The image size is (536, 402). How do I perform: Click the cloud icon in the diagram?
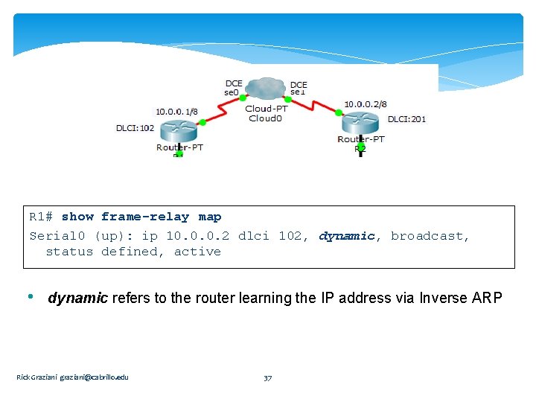(x=266, y=89)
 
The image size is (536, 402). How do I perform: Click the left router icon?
(x=179, y=130)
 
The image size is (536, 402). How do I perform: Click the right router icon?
(x=360, y=122)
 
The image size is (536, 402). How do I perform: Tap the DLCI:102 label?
(x=135, y=128)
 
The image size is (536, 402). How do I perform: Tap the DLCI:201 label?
(x=406, y=119)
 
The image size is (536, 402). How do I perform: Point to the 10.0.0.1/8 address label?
(x=177, y=112)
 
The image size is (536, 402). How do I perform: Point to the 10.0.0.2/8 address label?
(x=365, y=104)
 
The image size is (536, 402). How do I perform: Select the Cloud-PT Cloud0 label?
(x=266, y=113)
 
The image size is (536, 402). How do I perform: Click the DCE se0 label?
(x=233, y=88)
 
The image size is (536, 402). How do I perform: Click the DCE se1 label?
(x=299, y=88)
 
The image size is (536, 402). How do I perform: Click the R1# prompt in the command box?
(x=41, y=217)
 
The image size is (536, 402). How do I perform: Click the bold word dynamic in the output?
(x=347, y=236)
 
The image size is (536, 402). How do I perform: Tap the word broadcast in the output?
(x=430, y=236)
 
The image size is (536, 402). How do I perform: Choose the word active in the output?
(x=197, y=252)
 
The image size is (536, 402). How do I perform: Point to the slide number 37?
(x=268, y=377)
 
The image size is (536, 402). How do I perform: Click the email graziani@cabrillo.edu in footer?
(x=94, y=377)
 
